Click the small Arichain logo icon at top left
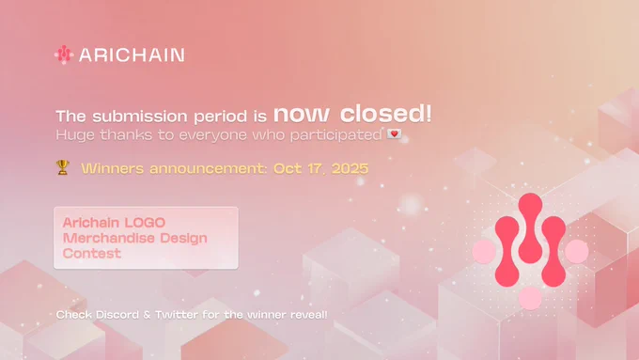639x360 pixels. (x=64, y=55)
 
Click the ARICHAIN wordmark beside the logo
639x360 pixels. (x=132, y=55)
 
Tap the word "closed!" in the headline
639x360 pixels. (x=385, y=114)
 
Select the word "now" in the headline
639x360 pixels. (x=301, y=115)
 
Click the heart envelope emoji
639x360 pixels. (x=394, y=133)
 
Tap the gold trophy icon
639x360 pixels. (x=62, y=167)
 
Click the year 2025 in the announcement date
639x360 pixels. (x=351, y=168)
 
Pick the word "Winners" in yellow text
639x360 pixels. (x=112, y=168)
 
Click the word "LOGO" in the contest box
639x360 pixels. (x=145, y=223)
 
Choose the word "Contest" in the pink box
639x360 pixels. (x=92, y=254)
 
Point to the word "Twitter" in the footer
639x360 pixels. (x=177, y=315)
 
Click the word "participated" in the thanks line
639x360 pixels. (x=335, y=135)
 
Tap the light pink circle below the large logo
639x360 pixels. (x=530, y=298)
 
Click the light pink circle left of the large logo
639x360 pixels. (x=484, y=251)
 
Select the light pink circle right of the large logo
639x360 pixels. (x=577, y=251)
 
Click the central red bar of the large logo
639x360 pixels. (x=530, y=228)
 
